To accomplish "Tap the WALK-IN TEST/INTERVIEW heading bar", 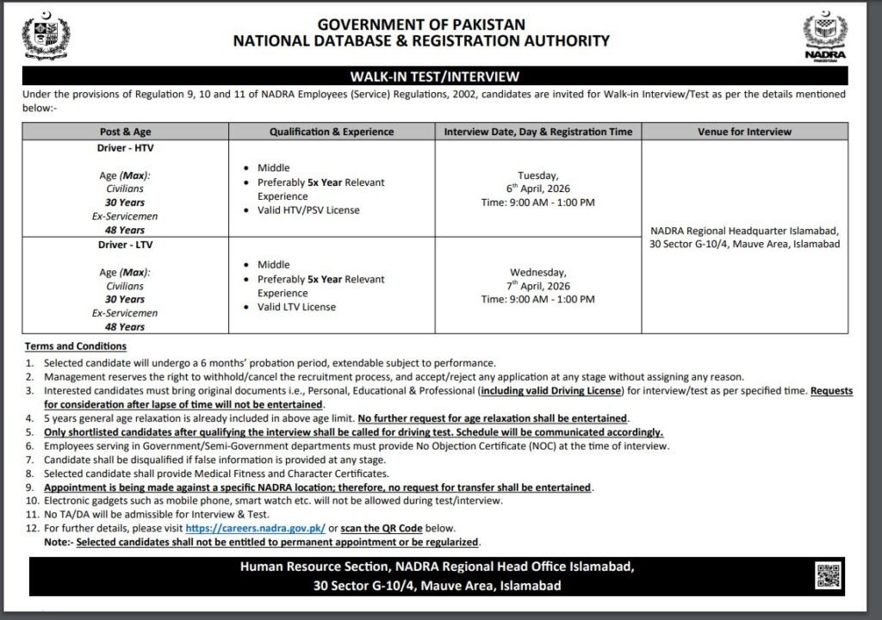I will click(x=440, y=77).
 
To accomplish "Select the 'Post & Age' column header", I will click(x=127, y=132).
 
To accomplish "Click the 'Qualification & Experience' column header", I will click(x=332, y=132).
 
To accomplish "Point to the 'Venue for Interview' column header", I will click(x=744, y=132).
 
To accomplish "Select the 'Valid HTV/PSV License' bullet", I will click(x=308, y=210).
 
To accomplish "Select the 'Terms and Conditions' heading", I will click(x=76, y=346).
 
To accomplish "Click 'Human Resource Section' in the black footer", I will click(x=314, y=567).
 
